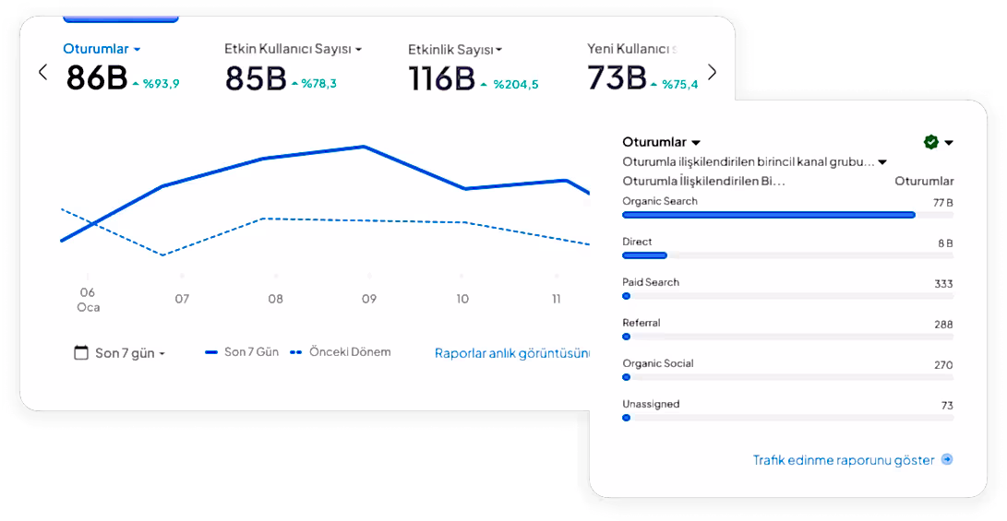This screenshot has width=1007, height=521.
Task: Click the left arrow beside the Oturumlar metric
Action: click(x=42, y=72)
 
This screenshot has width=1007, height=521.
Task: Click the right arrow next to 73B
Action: click(x=712, y=72)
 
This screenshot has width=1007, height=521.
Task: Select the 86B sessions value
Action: click(x=96, y=78)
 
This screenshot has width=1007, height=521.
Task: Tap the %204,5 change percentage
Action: click(x=515, y=84)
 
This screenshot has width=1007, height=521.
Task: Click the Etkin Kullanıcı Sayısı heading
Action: click(x=292, y=49)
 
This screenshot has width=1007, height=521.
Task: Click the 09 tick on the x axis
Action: click(x=368, y=298)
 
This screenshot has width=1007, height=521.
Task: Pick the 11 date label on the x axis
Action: click(x=557, y=298)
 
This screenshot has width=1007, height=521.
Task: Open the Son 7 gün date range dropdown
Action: click(x=120, y=353)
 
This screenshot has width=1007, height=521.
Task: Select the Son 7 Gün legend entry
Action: click(x=241, y=352)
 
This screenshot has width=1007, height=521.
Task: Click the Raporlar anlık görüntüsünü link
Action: click(x=512, y=352)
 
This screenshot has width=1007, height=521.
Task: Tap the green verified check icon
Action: click(x=931, y=142)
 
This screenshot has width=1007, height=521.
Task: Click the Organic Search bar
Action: click(x=768, y=215)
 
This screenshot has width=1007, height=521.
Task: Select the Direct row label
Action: click(x=637, y=242)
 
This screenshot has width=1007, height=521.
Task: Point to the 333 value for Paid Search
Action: click(x=942, y=284)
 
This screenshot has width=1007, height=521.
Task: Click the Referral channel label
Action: click(x=641, y=323)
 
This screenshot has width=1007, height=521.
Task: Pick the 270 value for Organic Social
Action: click(x=942, y=365)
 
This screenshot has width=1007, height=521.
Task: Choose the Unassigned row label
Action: click(x=651, y=404)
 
